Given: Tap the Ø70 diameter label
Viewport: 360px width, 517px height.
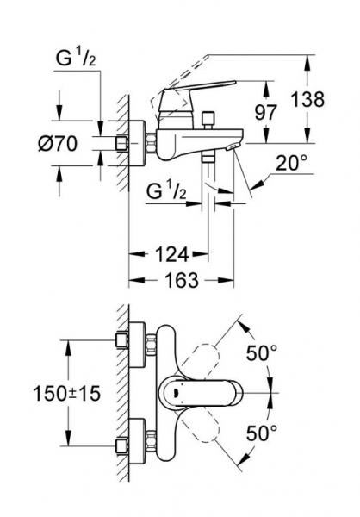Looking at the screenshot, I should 72,143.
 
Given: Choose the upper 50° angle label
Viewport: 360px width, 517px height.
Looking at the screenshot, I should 261,352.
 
